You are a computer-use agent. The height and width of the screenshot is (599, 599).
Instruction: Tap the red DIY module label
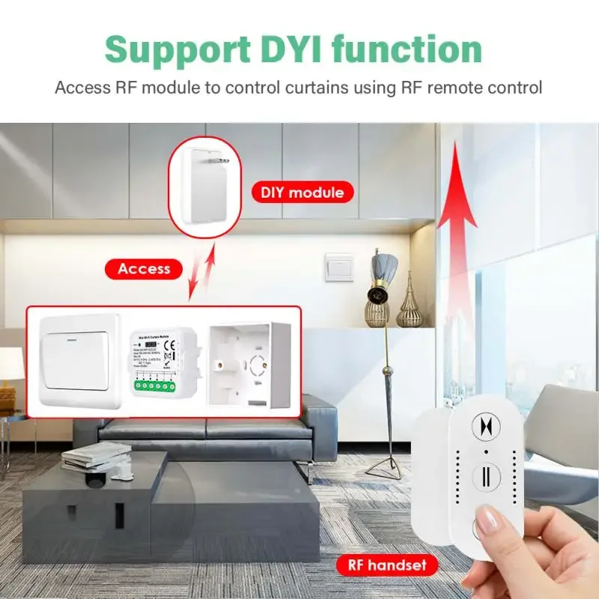pos(302,192)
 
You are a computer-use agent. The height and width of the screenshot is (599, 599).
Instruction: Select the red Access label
pos(144,268)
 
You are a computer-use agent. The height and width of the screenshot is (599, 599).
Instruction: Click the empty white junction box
pos(251,362)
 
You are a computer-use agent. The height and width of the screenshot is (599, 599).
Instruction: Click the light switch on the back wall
pos(338,267)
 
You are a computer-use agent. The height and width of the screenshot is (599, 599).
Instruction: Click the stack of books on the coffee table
pos(95,456)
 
